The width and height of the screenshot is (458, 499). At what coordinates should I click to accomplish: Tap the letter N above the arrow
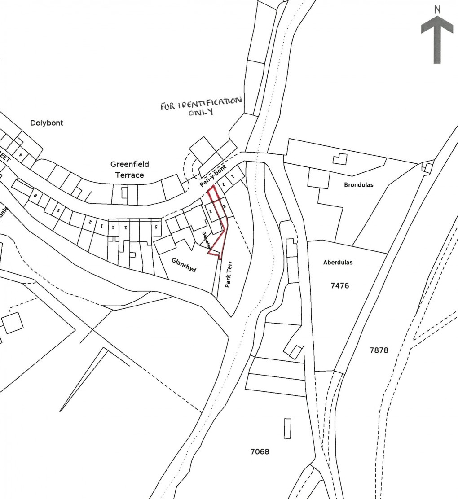pyautogui.click(x=437, y=9)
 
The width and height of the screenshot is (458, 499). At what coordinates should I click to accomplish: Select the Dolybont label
pyautogui.click(x=47, y=123)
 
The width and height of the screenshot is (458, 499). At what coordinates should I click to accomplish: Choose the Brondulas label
pyautogui.click(x=359, y=184)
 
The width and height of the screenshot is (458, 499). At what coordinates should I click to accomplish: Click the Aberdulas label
pyautogui.click(x=338, y=263)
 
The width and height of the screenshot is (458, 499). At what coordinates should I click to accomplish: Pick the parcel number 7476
pyautogui.click(x=339, y=285)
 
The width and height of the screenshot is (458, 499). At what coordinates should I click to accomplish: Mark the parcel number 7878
pyautogui.click(x=379, y=350)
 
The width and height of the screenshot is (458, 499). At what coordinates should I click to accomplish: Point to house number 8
pyautogui.click(x=35, y=196)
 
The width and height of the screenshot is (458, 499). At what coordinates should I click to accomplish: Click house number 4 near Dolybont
pyautogui.click(x=20, y=154)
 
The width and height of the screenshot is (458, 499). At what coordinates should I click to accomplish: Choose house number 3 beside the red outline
pyautogui.click(x=224, y=206)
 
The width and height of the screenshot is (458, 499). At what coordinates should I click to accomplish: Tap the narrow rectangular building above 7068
pyautogui.click(x=287, y=428)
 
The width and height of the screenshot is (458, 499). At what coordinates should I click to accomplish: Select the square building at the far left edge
pyautogui.click(x=13, y=322)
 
